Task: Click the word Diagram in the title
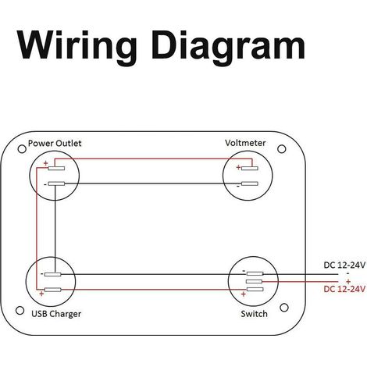[228, 47]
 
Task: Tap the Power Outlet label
[55, 143]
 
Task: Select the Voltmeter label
[245, 143]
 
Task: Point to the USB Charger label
[56, 314]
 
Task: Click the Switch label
[254, 314]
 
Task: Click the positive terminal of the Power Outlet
[56, 169]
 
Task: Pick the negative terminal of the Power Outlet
[56, 183]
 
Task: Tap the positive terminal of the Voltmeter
[250, 169]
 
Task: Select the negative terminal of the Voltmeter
[250, 183]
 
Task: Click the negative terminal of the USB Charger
[52, 274]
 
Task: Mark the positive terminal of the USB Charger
[52, 290]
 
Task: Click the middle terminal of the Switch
[254, 281]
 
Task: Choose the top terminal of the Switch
[255, 273]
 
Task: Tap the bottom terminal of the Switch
[255, 289]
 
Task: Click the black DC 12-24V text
[344, 265]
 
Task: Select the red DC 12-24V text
[344, 289]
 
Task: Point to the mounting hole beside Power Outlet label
[22, 149]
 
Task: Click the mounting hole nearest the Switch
[284, 308]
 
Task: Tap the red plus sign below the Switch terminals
[244, 294]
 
